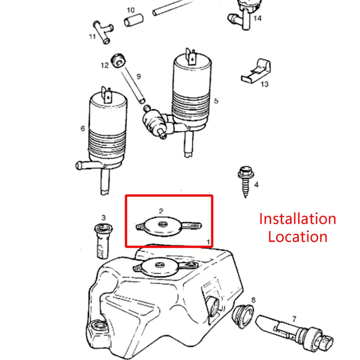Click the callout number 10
coord(130,10)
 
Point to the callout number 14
coord(257,18)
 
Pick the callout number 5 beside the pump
coord(216,101)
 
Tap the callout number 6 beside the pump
coord(83,129)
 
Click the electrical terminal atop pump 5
coord(192,56)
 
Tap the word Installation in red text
coord(297,219)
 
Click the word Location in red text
coord(297,236)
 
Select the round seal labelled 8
coord(243,316)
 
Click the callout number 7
coord(294,319)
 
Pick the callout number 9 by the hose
coord(138,76)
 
